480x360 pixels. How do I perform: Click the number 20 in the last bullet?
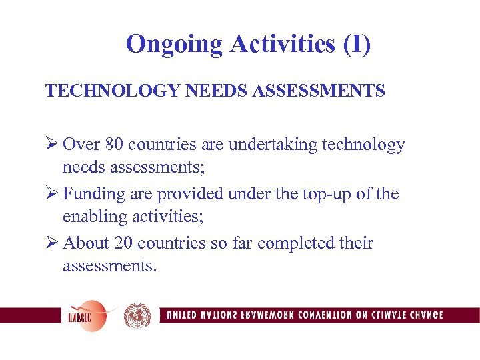click(125, 243)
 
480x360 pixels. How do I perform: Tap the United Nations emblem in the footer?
click(137, 315)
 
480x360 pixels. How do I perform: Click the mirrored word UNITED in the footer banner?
click(182, 315)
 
